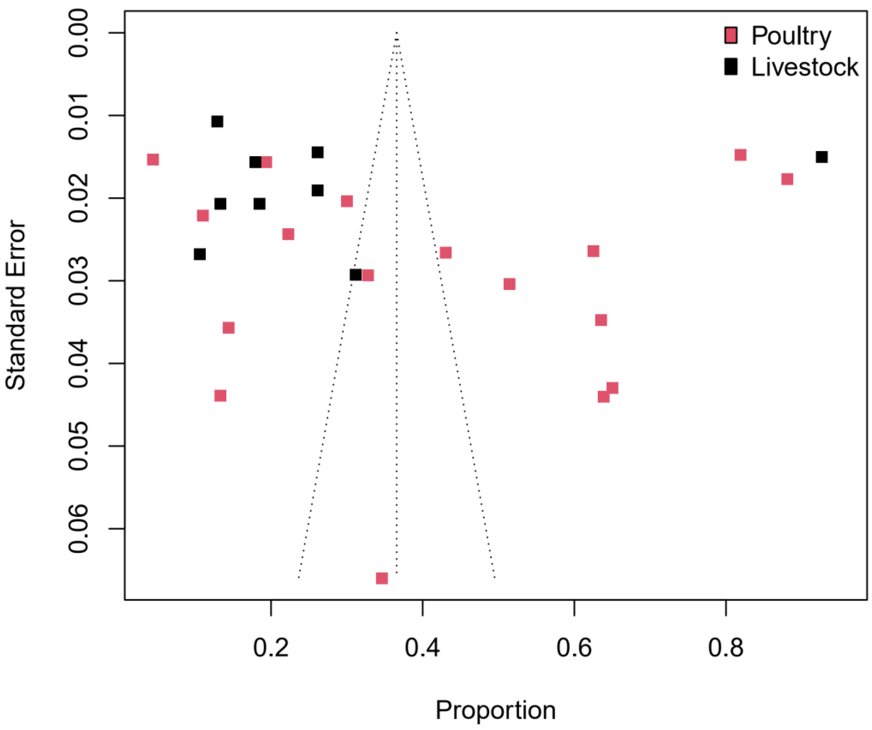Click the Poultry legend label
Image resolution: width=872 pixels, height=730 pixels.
pyautogui.click(x=791, y=36)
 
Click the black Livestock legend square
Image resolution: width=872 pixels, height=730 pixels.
pyautogui.click(x=731, y=67)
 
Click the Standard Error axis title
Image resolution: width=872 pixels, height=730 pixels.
pyautogui.click(x=16, y=305)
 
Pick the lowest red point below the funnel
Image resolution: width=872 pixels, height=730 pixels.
pyautogui.click(x=382, y=578)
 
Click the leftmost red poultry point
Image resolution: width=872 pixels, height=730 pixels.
pyautogui.click(x=153, y=159)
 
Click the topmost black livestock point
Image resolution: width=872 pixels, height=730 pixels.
pyautogui.click(x=217, y=122)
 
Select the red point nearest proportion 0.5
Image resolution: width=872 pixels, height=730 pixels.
pyautogui.click(x=509, y=284)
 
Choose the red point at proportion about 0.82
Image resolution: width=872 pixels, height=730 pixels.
pyautogui.click(x=741, y=155)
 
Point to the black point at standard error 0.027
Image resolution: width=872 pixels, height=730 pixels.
pyautogui.click(x=200, y=254)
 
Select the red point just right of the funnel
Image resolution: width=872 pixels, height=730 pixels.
pyautogui.click(x=446, y=252)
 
